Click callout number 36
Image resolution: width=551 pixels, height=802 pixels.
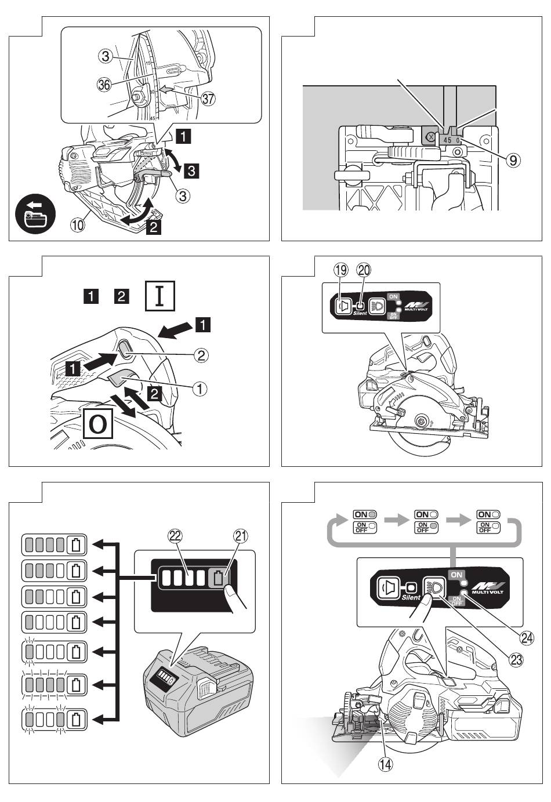tap(104, 85)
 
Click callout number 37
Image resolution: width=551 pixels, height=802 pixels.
tap(207, 99)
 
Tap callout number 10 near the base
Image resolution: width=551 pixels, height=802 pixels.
tap(78, 223)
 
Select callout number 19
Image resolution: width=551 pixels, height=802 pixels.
tap(341, 270)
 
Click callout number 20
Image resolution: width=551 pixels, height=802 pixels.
tap(364, 270)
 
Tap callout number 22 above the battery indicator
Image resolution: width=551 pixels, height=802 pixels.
tap(173, 536)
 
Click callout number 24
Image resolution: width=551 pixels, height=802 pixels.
tap(526, 637)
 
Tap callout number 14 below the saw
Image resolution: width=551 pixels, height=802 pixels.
tap(385, 764)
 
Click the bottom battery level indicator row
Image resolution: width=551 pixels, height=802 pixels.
tap(53, 719)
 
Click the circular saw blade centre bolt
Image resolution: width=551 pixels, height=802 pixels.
tap(422, 420)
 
